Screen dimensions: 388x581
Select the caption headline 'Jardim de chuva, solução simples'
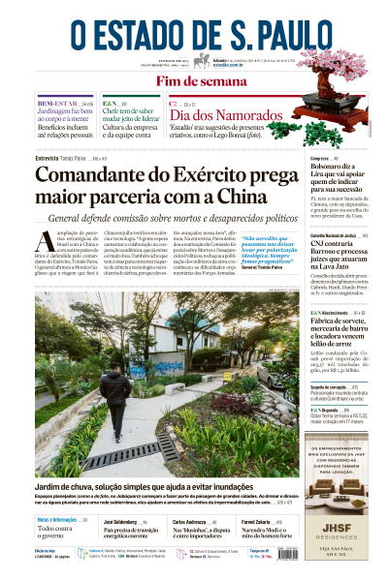coord(145,486)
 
